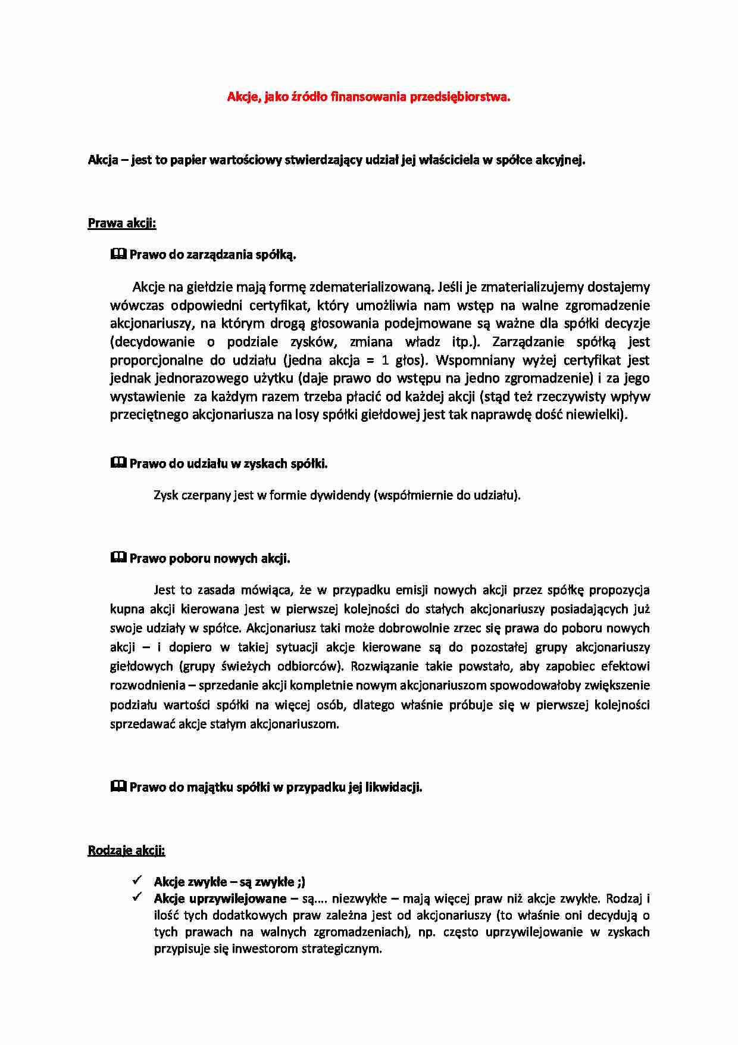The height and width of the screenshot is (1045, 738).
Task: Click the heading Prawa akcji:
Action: (121, 223)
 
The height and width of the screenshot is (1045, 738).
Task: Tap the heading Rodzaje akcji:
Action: (126, 850)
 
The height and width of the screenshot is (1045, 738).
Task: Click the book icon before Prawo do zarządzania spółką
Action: (118, 254)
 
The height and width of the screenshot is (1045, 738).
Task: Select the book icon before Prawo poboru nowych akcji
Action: (118, 558)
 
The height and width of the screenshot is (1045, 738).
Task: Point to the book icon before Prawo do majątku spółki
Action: (118, 786)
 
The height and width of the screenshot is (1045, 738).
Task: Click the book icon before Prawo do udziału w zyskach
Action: (118, 463)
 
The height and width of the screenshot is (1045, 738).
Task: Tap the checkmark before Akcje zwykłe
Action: (137, 880)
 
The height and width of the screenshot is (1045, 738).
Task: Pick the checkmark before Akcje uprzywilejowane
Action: (137, 897)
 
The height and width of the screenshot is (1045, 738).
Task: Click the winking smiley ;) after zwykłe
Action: (301, 882)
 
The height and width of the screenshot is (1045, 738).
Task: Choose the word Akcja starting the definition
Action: (103, 160)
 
